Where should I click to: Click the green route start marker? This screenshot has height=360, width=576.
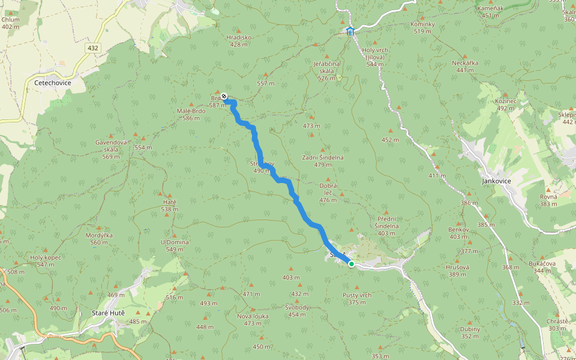click(351, 263)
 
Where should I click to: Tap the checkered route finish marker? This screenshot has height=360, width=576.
click(224, 96)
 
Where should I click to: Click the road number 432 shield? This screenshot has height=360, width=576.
click(92, 48)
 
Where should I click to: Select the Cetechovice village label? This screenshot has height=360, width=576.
click(53, 83)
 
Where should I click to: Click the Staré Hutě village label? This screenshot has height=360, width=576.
click(107, 313)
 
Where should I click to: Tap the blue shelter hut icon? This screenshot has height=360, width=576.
click(350, 31)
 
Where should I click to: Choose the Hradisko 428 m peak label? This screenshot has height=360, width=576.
click(239, 40)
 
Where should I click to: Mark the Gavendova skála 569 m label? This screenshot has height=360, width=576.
click(111, 149)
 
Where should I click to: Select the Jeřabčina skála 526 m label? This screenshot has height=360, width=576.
click(326, 70)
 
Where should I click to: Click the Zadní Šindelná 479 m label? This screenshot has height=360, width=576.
click(323, 161)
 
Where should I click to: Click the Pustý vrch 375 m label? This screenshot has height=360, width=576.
click(357, 298)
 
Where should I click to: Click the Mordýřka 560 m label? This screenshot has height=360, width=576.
click(99, 238)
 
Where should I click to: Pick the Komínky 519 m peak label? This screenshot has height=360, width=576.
click(422, 27)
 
